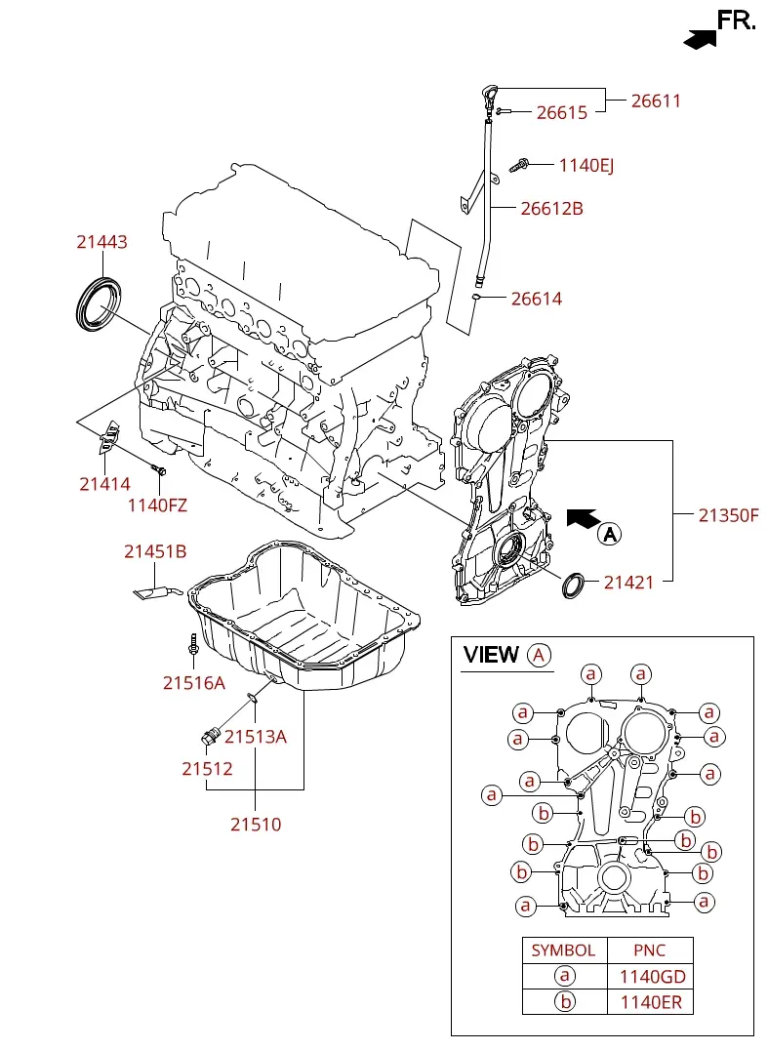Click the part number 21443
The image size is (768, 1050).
(x=101, y=242)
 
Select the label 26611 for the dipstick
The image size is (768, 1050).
(x=656, y=101)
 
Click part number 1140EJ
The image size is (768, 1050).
(x=586, y=165)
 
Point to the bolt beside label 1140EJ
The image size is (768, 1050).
(x=519, y=164)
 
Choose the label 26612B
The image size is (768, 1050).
(x=551, y=208)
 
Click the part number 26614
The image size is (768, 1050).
(x=537, y=299)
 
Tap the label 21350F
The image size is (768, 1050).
(x=729, y=515)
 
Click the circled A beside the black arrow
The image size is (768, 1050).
(x=610, y=535)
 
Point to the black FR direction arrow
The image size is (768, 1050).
(x=700, y=39)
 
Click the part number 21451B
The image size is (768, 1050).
(x=154, y=551)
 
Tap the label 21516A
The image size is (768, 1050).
(x=193, y=683)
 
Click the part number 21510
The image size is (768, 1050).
(x=256, y=825)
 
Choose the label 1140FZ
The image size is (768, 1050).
(x=157, y=505)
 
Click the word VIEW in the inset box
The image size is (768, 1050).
(x=491, y=654)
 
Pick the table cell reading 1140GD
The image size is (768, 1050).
(x=650, y=977)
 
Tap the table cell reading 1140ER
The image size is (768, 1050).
(x=650, y=1002)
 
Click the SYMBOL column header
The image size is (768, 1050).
(x=564, y=950)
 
